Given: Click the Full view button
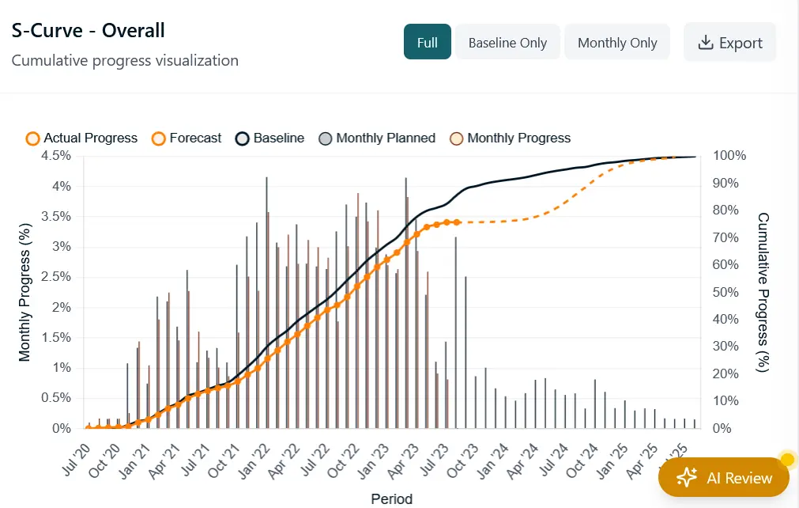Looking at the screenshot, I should tap(427, 43).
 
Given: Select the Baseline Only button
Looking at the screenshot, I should tap(507, 43).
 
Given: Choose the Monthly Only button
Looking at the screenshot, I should tap(617, 43).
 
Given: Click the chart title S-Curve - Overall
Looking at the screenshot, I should tap(88, 31).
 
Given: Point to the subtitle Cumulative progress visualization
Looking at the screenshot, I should tap(125, 60).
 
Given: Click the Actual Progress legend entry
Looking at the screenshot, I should tap(81, 138).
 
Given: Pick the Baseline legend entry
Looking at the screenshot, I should tap(270, 138).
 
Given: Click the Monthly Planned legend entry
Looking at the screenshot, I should tap(377, 138).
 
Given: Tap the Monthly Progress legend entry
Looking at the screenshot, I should tap(510, 138).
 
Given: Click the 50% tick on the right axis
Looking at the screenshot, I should tap(726, 292).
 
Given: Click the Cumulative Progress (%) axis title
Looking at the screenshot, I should tap(763, 292).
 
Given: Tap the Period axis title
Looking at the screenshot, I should tap(391, 499).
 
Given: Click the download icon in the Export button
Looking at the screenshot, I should tap(706, 43).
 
